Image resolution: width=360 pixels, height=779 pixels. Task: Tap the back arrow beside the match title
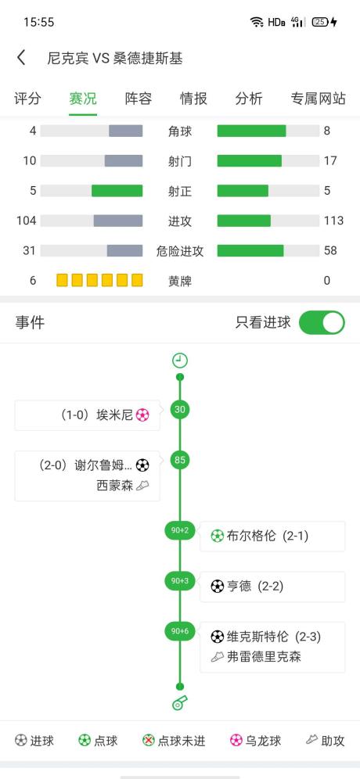(x=21, y=58)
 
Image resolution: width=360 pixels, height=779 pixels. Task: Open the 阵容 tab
(x=139, y=99)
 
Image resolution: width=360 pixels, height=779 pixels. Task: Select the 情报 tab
(x=193, y=99)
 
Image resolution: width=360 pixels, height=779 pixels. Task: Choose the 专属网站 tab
(x=319, y=99)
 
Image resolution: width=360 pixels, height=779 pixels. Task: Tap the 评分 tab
(x=27, y=99)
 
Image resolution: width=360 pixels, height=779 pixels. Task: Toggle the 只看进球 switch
(x=322, y=322)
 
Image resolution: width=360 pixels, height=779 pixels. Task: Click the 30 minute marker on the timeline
(x=180, y=409)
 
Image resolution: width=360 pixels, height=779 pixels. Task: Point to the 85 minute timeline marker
(x=180, y=460)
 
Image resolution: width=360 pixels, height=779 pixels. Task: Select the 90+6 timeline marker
(x=180, y=631)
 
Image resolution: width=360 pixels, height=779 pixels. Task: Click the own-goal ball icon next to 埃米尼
(x=142, y=415)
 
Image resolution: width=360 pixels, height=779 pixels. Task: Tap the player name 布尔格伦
(x=251, y=536)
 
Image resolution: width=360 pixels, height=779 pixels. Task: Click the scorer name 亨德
(x=239, y=587)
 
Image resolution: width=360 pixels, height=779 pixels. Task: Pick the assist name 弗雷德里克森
(x=264, y=657)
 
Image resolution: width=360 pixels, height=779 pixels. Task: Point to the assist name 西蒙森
(x=115, y=486)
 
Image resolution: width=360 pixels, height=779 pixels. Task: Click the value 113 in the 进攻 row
(x=333, y=221)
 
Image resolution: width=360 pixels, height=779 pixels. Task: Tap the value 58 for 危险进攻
(x=331, y=250)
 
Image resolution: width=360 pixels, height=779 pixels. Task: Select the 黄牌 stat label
(x=180, y=282)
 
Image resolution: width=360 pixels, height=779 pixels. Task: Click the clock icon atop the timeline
(x=180, y=361)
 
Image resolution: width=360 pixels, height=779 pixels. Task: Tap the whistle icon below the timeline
(x=180, y=702)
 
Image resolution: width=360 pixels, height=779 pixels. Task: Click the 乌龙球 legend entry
(x=256, y=741)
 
